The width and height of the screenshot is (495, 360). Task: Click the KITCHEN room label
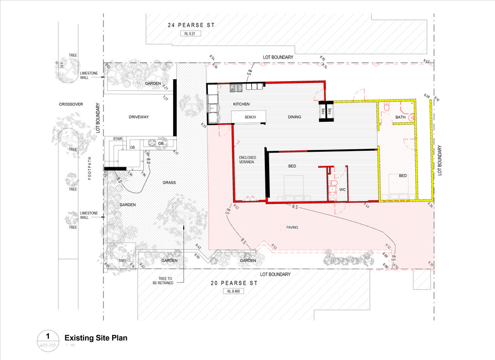241,104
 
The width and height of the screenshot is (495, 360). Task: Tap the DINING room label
294,117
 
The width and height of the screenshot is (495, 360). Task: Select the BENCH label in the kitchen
250,117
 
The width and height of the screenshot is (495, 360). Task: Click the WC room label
342,189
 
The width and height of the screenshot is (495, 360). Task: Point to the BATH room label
401,117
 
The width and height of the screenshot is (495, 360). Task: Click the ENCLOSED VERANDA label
247,160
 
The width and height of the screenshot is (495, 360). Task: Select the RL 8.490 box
233,291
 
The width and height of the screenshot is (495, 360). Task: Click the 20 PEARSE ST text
231,283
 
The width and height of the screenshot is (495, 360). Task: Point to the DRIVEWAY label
138,117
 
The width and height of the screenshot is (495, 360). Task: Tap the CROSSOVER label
71,104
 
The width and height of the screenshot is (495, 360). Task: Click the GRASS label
169,183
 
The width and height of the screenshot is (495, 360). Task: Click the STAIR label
118,139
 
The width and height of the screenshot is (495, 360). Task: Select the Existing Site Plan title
96,338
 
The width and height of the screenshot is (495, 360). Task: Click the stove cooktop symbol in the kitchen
236,88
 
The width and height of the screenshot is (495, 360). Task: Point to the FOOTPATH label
90,171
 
